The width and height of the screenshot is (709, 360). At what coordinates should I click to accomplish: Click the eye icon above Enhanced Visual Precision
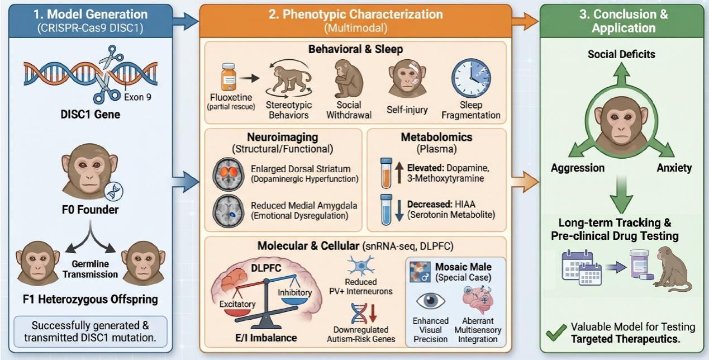431,300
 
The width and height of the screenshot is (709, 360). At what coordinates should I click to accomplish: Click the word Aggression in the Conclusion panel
577,168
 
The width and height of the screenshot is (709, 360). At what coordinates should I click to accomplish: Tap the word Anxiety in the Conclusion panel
674,168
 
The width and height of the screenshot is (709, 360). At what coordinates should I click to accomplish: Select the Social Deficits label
621,54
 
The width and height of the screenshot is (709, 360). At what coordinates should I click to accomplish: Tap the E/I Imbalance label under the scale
263,338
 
